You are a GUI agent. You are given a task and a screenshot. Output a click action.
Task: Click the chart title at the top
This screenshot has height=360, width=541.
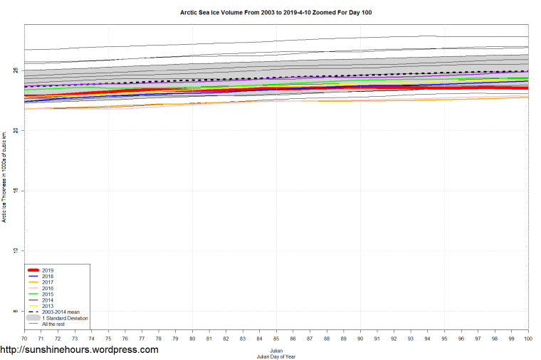(x=276, y=13)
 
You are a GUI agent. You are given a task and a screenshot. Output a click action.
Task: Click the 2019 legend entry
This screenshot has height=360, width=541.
(x=48, y=270)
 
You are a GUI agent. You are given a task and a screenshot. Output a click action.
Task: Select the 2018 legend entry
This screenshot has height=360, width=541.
(x=48, y=276)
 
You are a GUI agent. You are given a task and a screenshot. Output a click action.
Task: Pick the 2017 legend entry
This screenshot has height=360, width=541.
(x=48, y=282)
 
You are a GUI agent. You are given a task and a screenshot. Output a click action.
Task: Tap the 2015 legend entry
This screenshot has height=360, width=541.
(x=48, y=295)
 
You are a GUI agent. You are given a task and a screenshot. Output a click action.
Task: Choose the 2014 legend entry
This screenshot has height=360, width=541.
(x=48, y=300)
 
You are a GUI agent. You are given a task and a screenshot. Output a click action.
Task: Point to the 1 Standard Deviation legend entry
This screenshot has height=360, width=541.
(x=64, y=318)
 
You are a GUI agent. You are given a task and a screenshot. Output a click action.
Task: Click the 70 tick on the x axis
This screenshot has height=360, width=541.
(x=24, y=338)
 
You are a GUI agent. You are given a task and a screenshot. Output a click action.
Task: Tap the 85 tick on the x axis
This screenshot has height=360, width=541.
(x=276, y=338)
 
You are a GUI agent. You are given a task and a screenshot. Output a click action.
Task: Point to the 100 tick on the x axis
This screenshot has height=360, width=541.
(x=527, y=338)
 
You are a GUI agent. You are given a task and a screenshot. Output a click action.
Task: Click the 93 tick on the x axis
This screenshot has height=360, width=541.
(x=411, y=338)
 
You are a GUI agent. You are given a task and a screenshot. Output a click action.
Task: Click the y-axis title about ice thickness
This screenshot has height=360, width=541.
(x=4, y=176)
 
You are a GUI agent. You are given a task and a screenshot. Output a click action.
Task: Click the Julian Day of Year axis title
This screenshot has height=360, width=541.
(x=276, y=356)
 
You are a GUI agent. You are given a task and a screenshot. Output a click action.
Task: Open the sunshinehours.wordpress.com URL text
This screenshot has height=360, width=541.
(x=79, y=350)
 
